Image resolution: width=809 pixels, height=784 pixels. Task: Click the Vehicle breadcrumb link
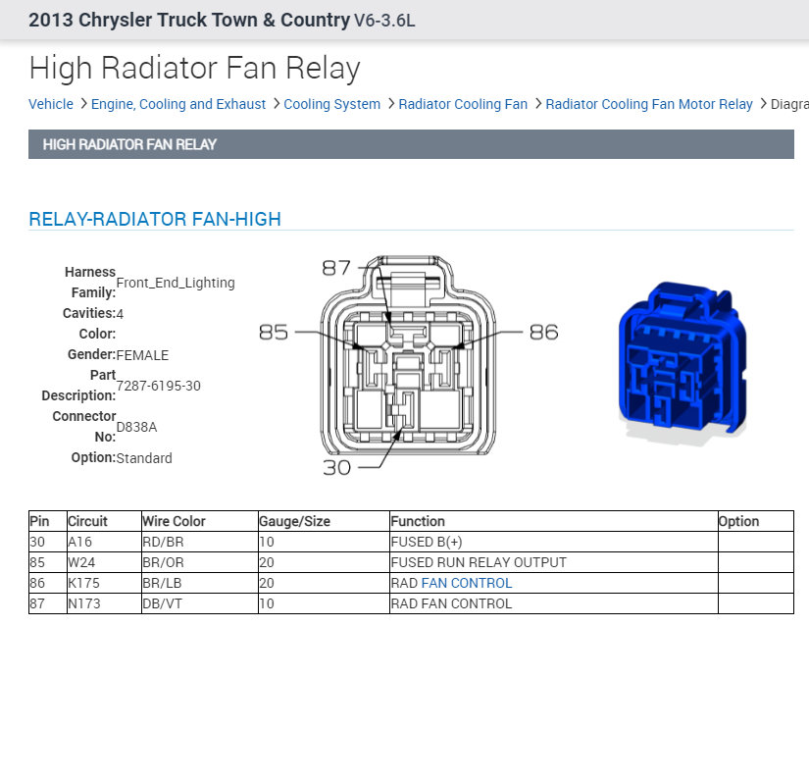pyautogui.click(x=51, y=104)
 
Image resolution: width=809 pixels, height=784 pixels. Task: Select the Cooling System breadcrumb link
pyautogui.click(x=331, y=104)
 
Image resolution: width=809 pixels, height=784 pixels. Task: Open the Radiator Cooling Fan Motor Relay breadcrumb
pyautogui.click(x=649, y=104)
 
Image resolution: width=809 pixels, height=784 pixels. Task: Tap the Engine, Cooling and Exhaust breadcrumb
pyautogui.click(x=178, y=104)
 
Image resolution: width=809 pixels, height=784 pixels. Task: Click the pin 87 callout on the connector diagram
pyautogui.click(x=336, y=268)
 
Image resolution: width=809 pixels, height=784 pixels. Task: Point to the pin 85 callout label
pyautogui.click(x=274, y=333)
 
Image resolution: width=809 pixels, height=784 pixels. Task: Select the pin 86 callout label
pyautogui.click(x=543, y=333)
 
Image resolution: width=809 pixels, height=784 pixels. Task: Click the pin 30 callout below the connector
pyautogui.click(x=336, y=468)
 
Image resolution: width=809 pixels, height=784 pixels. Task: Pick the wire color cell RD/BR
pyautogui.click(x=164, y=542)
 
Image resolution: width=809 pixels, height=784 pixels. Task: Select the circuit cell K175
pyautogui.click(x=84, y=583)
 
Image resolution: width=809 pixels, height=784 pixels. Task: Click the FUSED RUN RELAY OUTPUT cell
pyautogui.click(x=479, y=562)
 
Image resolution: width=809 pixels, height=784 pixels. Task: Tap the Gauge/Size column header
pyautogui.click(x=294, y=521)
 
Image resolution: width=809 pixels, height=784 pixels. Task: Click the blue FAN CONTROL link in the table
pyautogui.click(x=466, y=583)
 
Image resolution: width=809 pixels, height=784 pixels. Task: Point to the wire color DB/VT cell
pyautogui.click(x=164, y=603)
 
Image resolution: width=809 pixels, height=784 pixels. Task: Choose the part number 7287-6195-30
pyautogui.click(x=158, y=386)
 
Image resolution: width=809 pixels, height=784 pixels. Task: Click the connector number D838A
pyautogui.click(x=136, y=427)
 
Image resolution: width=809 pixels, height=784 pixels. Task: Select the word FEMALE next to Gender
pyautogui.click(x=142, y=355)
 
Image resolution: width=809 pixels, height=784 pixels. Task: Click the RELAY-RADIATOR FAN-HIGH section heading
pyautogui.click(x=155, y=219)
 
